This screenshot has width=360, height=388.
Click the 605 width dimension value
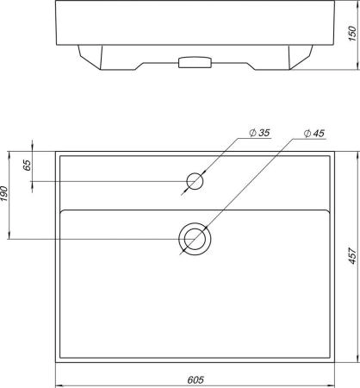[196, 379]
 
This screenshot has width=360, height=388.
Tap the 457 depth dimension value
[352, 255]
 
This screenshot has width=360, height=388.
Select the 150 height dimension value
[352, 34]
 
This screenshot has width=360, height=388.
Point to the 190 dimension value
[3, 194]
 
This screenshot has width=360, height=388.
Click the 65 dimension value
[27, 165]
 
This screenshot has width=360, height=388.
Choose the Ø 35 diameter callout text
[259, 133]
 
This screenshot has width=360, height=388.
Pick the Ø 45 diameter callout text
[314, 134]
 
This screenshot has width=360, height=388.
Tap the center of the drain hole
[195, 239]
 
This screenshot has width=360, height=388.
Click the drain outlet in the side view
[195, 62]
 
